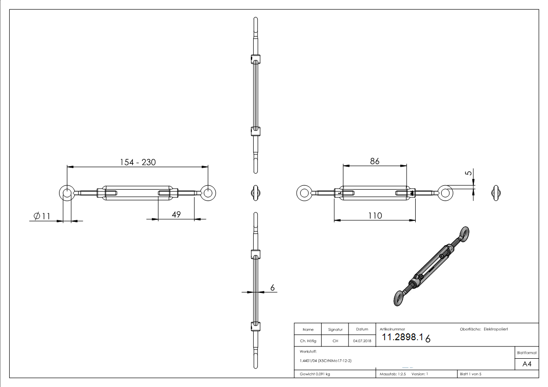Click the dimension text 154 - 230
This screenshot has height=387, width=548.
coord(138,162)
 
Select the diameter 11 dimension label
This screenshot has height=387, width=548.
coord(42,216)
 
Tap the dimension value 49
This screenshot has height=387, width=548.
coord(176,214)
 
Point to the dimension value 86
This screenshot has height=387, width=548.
coord(374,161)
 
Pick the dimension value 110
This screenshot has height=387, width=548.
coord(375,215)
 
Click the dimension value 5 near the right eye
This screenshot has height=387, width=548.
coord(468,173)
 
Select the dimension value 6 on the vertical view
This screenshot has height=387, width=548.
coord(272,288)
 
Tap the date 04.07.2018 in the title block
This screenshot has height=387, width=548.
coord(362,341)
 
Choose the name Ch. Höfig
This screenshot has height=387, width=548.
coord(308,341)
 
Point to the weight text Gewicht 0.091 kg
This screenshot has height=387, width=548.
coord(315,374)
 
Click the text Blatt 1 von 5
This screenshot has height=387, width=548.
coord(470,374)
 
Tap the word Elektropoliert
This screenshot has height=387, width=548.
coord(496,329)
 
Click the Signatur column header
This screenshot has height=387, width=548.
coord(335,329)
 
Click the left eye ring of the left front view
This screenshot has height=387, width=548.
coord(67,193)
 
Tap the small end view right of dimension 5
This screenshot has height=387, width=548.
coord(496,193)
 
